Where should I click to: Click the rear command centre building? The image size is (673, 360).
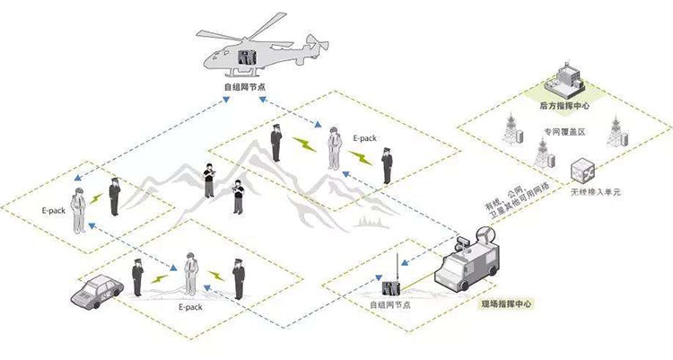pyautogui.click(x=572, y=77)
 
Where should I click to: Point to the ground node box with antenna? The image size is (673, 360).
pyautogui.click(x=391, y=287)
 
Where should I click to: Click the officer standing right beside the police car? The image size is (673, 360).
pyautogui.click(x=137, y=277)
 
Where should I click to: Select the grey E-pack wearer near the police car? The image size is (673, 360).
pyautogui.click(x=190, y=274)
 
